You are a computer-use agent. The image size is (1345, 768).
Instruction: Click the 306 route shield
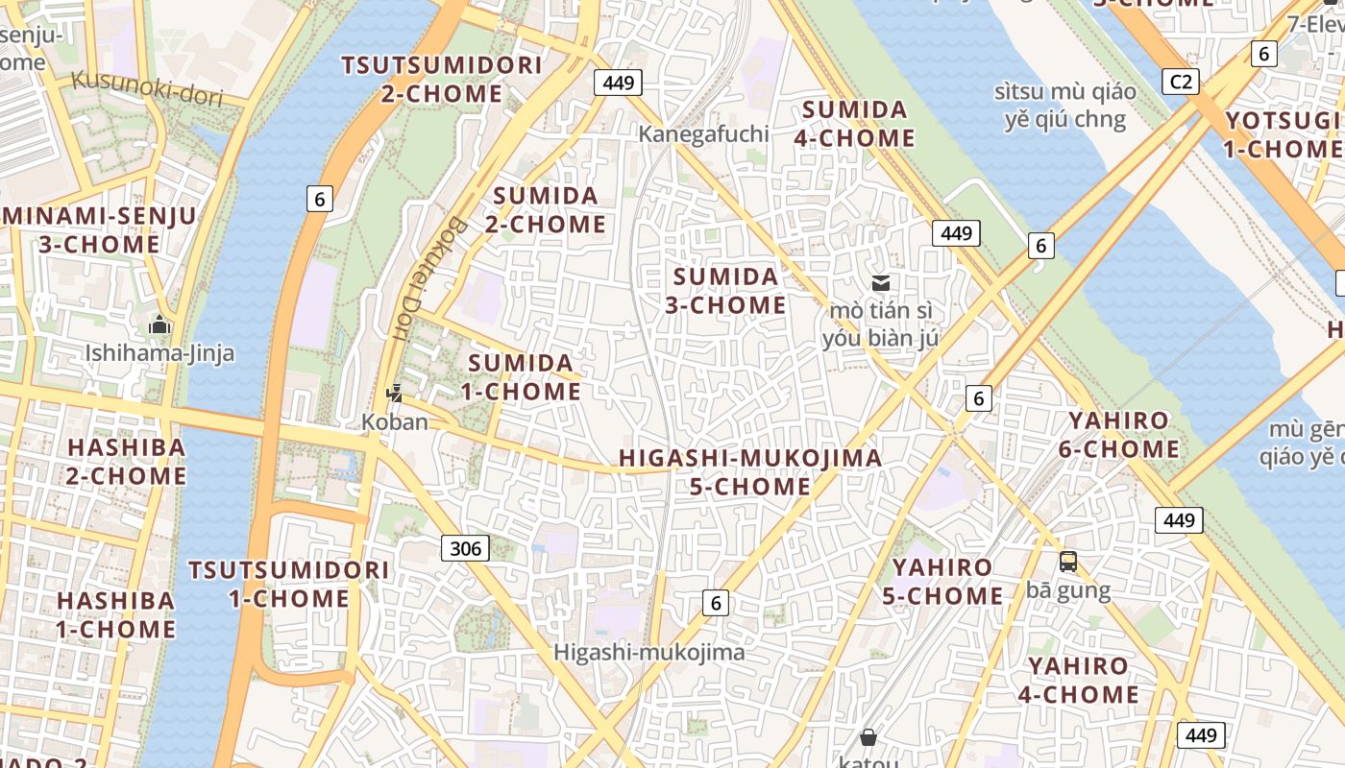click(x=466, y=548)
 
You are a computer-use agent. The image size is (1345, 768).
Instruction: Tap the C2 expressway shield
click(x=1180, y=82)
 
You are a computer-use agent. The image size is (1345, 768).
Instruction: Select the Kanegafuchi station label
click(x=704, y=133)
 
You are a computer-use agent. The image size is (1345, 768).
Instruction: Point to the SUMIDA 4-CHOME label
click(x=853, y=124)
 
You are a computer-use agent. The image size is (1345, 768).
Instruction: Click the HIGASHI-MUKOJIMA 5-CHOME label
click(x=750, y=472)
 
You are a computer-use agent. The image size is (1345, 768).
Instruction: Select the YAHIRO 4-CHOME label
click(x=1078, y=680)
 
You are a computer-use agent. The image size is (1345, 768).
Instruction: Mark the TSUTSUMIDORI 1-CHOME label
click(x=288, y=584)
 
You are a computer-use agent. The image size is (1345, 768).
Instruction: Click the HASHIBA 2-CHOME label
click(x=126, y=462)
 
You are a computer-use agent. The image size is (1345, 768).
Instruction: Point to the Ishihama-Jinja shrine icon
click(x=159, y=325)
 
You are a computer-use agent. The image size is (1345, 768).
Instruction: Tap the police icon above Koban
click(x=394, y=393)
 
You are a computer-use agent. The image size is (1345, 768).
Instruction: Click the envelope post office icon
click(x=880, y=283)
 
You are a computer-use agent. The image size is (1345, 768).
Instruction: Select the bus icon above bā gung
click(x=1068, y=562)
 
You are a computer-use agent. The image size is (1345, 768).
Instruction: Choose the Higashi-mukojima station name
click(x=648, y=653)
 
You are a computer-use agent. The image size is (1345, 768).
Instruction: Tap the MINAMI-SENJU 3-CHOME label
click(x=99, y=230)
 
